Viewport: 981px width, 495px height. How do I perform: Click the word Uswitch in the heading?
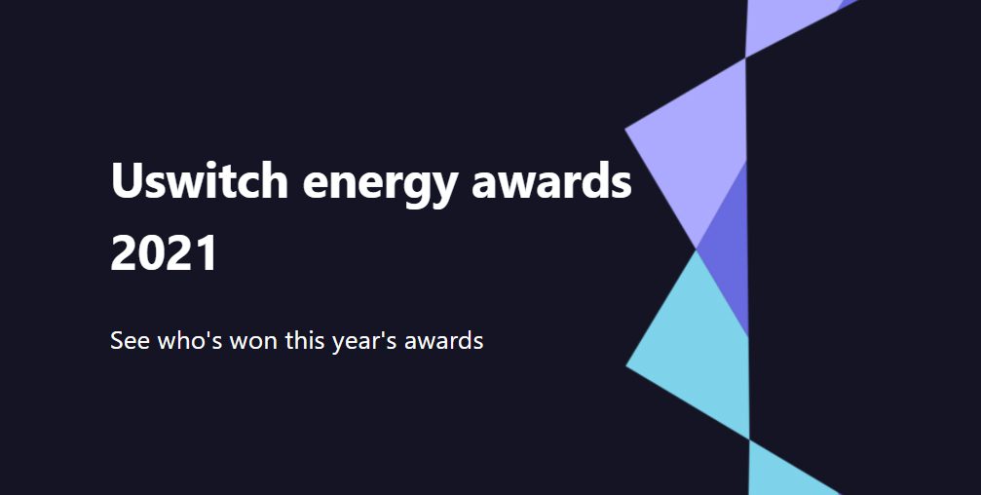(x=199, y=180)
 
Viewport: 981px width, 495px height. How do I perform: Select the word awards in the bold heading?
(x=551, y=180)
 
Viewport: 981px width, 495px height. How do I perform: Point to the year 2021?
(x=164, y=252)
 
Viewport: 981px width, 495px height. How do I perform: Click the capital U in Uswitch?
(x=127, y=181)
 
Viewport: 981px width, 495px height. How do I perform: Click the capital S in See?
(x=116, y=341)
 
